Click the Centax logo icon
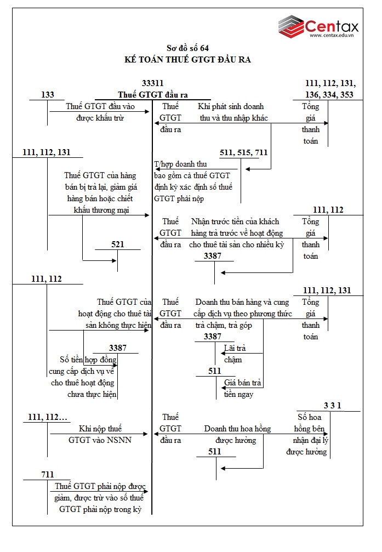pyautogui.click(x=290, y=26)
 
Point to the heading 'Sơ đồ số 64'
pyautogui.click(x=187, y=48)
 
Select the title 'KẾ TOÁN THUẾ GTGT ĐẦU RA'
pyautogui.click(x=187, y=59)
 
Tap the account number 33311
pyautogui.click(x=152, y=83)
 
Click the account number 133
pyautogui.click(x=48, y=95)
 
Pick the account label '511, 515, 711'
pyautogui.click(x=243, y=153)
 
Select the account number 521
pyautogui.click(x=118, y=244)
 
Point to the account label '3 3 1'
pyautogui.click(x=332, y=406)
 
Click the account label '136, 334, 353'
pyautogui.click(x=329, y=95)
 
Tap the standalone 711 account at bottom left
pyautogui.click(x=48, y=474)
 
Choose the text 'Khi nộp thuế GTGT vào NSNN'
pyautogui.click(x=100, y=434)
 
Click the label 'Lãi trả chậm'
pyautogui.click(x=235, y=354)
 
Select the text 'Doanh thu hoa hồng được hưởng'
pyautogui.click(x=237, y=434)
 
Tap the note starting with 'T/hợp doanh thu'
pyautogui.click(x=193, y=181)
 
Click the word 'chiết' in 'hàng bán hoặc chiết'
pyautogui.click(x=124, y=198)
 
